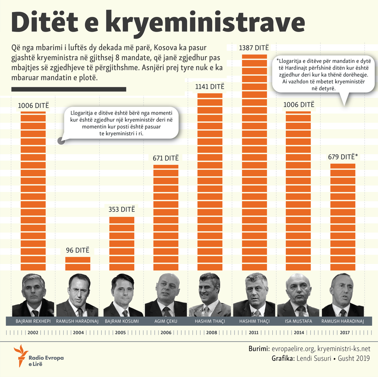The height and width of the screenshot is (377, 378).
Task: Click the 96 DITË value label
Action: pyautogui.click(x=78, y=250)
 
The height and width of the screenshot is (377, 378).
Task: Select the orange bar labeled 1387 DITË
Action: pyautogui.click(x=254, y=162)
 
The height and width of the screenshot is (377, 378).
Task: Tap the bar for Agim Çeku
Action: pyautogui.click(x=166, y=218)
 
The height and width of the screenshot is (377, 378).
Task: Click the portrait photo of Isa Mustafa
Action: pyautogui.click(x=298, y=295)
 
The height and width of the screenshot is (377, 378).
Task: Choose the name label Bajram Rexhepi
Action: pyautogui.click(x=33, y=321)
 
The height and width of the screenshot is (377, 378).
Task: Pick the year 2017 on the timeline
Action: pyautogui.click(x=343, y=332)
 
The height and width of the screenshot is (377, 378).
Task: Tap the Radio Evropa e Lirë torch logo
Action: pyautogui.click(x=20, y=355)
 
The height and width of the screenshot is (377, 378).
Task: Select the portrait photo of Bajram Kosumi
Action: pyautogui.click(x=122, y=295)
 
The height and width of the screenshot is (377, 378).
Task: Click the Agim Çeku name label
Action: pyautogui.click(x=166, y=321)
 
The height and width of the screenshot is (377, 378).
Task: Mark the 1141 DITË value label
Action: pyautogui.click(x=210, y=86)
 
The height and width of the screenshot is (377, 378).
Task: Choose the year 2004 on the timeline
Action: pyautogui.click(x=78, y=332)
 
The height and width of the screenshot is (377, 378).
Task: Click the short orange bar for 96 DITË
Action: pyautogui.click(x=78, y=264)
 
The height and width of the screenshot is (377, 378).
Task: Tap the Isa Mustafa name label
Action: pyautogui.click(x=298, y=321)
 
